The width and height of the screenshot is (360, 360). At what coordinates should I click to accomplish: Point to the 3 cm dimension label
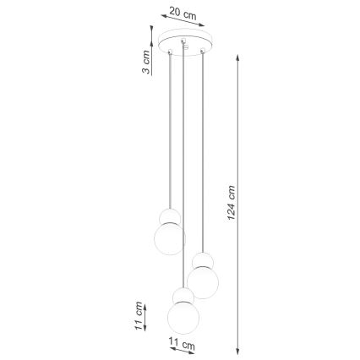pos(146,62)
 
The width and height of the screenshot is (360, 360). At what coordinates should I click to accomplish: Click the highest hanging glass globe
pos(168,237)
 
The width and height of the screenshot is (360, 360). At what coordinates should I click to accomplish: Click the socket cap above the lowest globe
pos(182,295)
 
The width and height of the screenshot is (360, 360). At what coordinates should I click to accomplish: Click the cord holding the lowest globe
pos(182,169)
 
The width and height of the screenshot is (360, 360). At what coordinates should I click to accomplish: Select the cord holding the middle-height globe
pos(202,152)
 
